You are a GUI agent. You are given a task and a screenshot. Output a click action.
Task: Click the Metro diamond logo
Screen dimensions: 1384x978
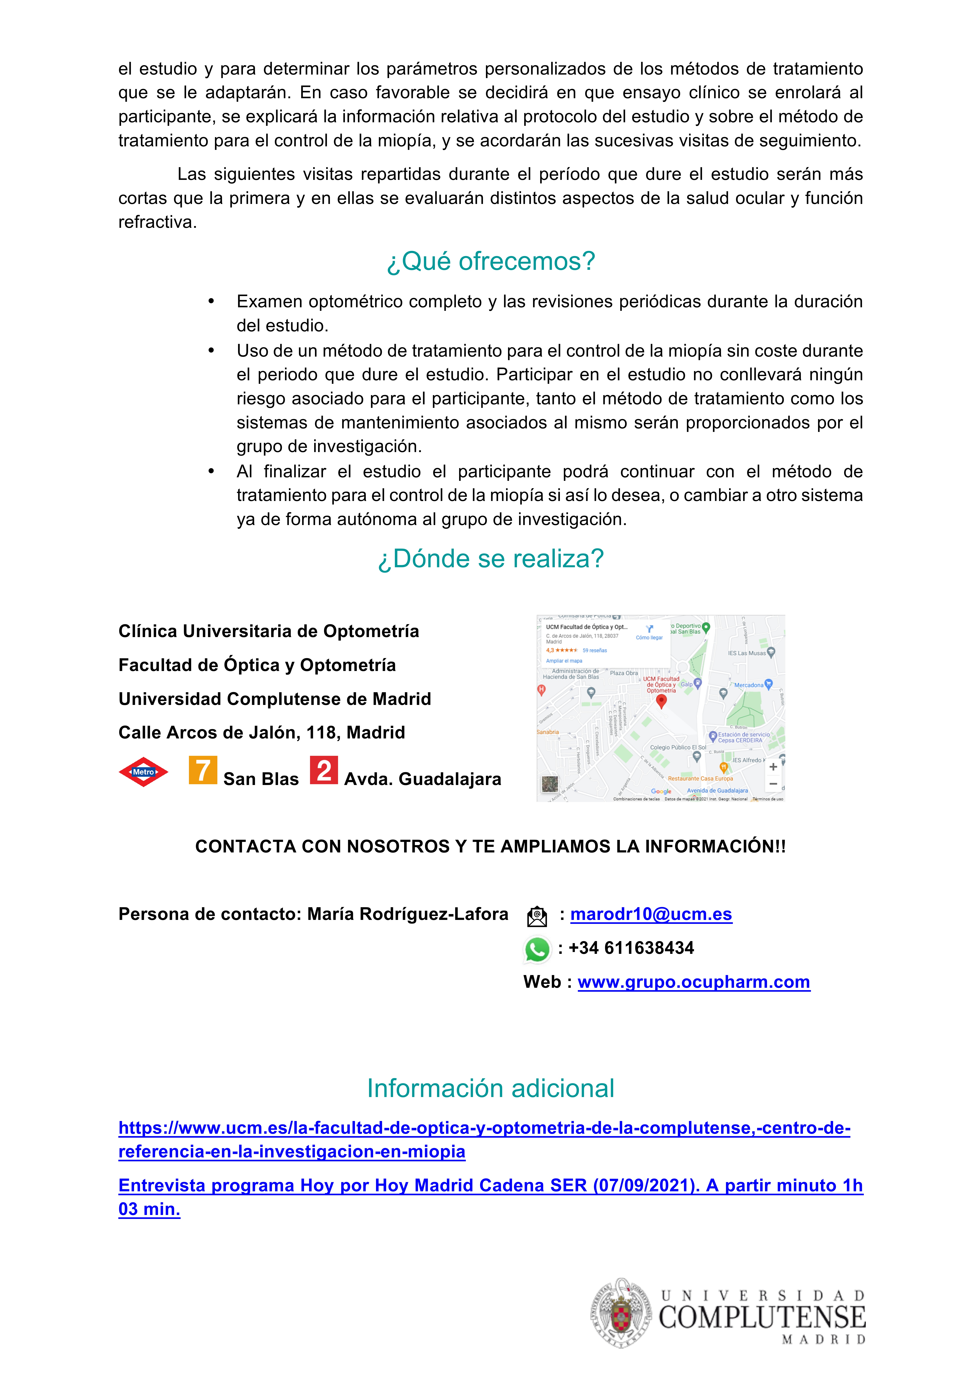tap(143, 772)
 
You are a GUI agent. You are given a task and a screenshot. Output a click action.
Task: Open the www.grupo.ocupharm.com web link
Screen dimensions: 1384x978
tap(694, 982)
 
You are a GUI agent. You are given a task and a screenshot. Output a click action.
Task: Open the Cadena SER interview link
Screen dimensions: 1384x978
tap(490, 1186)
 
